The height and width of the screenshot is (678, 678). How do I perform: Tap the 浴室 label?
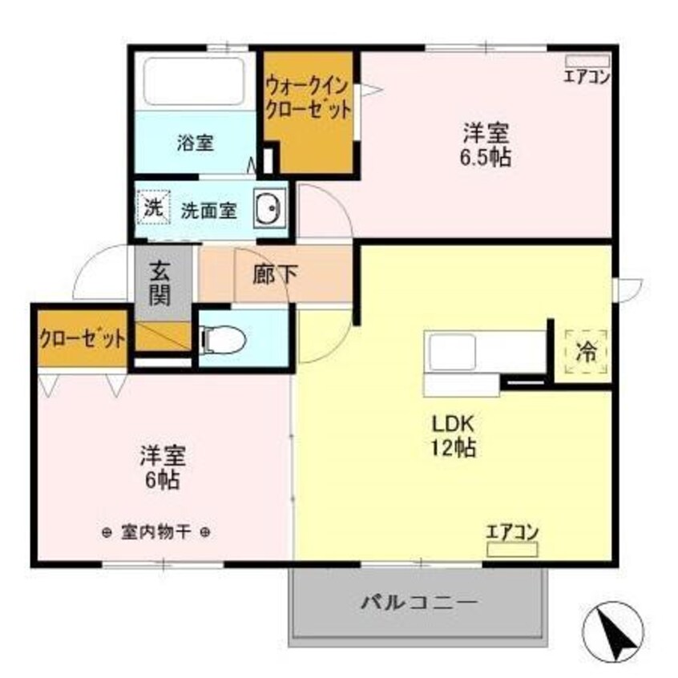195,143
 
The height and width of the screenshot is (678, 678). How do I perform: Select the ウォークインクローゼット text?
309,97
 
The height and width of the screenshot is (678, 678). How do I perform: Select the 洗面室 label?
208,211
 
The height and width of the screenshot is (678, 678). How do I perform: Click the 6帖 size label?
163,480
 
